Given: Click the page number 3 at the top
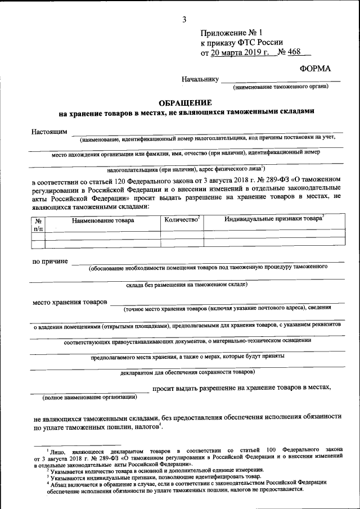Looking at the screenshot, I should pyautogui.click(x=184, y=20).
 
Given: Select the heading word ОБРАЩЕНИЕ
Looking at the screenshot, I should pyautogui.click(x=185, y=103).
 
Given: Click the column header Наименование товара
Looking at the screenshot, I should pyautogui.click(x=103, y=220).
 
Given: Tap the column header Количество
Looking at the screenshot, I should pyautogui.click(x=182, y=219).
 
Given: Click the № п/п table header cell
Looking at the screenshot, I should pyautogui.click(x=38, y=224).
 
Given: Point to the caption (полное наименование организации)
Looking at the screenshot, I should pyautogui.click(x=90, y=397).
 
